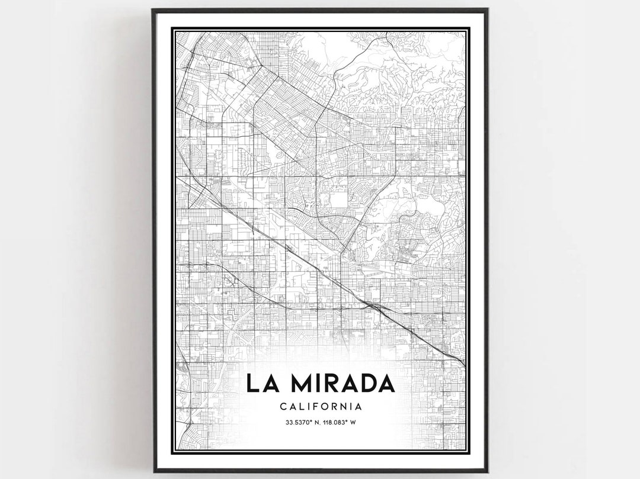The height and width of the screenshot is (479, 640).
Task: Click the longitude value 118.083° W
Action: [x=338, y=423]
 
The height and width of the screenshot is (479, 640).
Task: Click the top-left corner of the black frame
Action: [x=153, y=9]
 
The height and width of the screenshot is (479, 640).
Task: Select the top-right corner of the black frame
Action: [x=487, y=9]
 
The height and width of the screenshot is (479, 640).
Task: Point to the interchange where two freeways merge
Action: [x=371, y=306]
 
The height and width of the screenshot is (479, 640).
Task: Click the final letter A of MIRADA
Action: [x=386, y=383]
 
